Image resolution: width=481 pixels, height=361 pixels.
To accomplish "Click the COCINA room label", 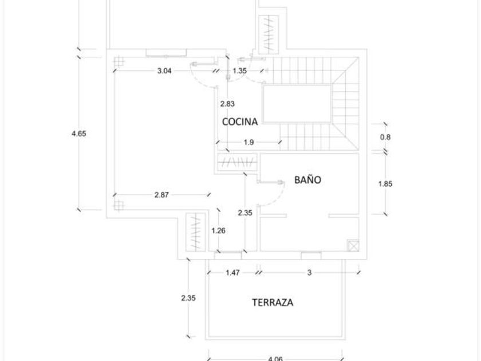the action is click(240, 121).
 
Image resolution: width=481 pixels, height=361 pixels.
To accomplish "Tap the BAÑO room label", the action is click(307, 179).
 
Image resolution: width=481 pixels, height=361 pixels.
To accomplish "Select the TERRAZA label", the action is click(273, 303).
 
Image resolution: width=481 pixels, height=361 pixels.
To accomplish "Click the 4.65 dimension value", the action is click(79, 134).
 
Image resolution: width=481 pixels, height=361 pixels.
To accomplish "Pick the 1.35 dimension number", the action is click(239, 70).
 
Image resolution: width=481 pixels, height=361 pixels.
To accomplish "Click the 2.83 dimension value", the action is click(227, 104).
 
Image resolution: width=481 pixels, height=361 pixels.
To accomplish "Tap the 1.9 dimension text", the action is click(249, 143).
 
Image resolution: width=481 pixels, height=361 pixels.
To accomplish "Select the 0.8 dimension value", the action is click(385, 137).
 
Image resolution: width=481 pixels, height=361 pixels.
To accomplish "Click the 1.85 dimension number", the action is click(385, 184).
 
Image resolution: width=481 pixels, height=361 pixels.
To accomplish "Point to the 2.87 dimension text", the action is click(161, 195).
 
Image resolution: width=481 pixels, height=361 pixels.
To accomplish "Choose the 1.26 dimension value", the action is click(218, 231).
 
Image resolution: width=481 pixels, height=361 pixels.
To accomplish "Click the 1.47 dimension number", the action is click(232, 273).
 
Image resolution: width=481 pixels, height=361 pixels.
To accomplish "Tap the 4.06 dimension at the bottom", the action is click(275, 359).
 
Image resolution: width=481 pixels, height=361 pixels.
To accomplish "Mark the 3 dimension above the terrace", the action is click(309, 273).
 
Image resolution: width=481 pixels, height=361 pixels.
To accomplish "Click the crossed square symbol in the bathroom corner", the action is click(353, 245).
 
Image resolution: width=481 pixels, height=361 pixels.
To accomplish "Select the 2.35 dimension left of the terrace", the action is click(188, 298).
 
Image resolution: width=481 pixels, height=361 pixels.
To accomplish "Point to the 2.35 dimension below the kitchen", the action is click(245, 213).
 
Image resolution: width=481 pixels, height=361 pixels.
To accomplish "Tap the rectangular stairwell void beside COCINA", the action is click(297, 103).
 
